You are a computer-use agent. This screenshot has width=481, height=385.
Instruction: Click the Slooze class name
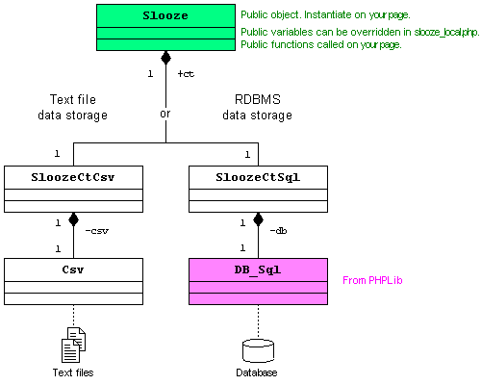(165, 15)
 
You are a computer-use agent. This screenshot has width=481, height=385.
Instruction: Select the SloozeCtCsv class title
(73, 177)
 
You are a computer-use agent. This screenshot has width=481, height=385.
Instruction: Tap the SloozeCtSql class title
(258, 177)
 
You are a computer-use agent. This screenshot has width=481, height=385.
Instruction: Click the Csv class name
(73, 269)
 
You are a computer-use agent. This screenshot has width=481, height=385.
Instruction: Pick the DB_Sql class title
(258, 269)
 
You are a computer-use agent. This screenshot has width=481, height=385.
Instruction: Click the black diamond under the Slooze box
(165, 58)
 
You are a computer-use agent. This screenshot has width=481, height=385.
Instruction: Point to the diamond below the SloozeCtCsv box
(73, 219)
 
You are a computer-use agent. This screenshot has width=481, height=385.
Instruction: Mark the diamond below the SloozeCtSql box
(258, 219)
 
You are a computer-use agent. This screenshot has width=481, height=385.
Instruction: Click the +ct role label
(186, 74)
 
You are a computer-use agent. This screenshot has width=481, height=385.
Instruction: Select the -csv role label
(97, 231)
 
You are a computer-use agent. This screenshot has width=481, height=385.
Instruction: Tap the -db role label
(278, 231)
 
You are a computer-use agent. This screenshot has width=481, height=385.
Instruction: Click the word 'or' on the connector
(165, 114)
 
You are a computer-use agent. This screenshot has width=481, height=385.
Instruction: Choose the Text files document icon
(73, 345)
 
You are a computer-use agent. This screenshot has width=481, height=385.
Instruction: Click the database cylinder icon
(258, 350)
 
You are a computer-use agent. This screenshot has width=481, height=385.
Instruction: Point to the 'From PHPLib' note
(372, 280)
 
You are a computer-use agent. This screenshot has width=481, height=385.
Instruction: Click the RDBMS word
(258, 99)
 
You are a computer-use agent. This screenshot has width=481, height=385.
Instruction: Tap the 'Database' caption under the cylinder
(257, 372)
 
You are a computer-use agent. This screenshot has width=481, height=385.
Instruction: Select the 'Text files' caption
(73, 372)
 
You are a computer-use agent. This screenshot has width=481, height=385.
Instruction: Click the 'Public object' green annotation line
(325, 14)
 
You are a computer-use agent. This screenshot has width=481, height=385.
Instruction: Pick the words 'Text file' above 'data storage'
(73, 99)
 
